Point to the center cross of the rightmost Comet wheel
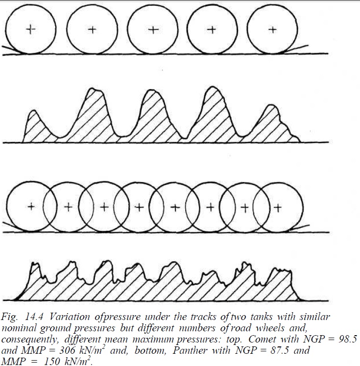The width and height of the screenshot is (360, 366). [273, 30]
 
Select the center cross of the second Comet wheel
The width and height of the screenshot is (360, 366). [91, 30]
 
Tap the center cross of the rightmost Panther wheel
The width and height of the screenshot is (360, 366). [277, 206]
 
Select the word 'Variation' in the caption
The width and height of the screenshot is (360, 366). [62, 316]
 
